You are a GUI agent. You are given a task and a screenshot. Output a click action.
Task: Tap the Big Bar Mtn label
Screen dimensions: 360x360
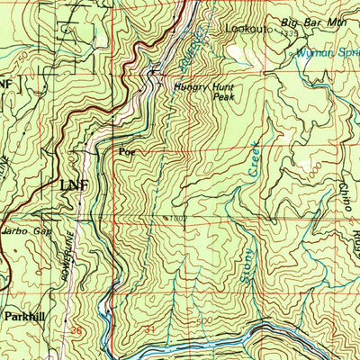pos(301,22)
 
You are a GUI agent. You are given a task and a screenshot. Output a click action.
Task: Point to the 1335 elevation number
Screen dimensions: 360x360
pos(288,33)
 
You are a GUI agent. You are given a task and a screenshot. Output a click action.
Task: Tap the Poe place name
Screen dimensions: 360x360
pos(127,151)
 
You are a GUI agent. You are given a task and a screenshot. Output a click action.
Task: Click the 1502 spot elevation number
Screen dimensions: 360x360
pos(177,217)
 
